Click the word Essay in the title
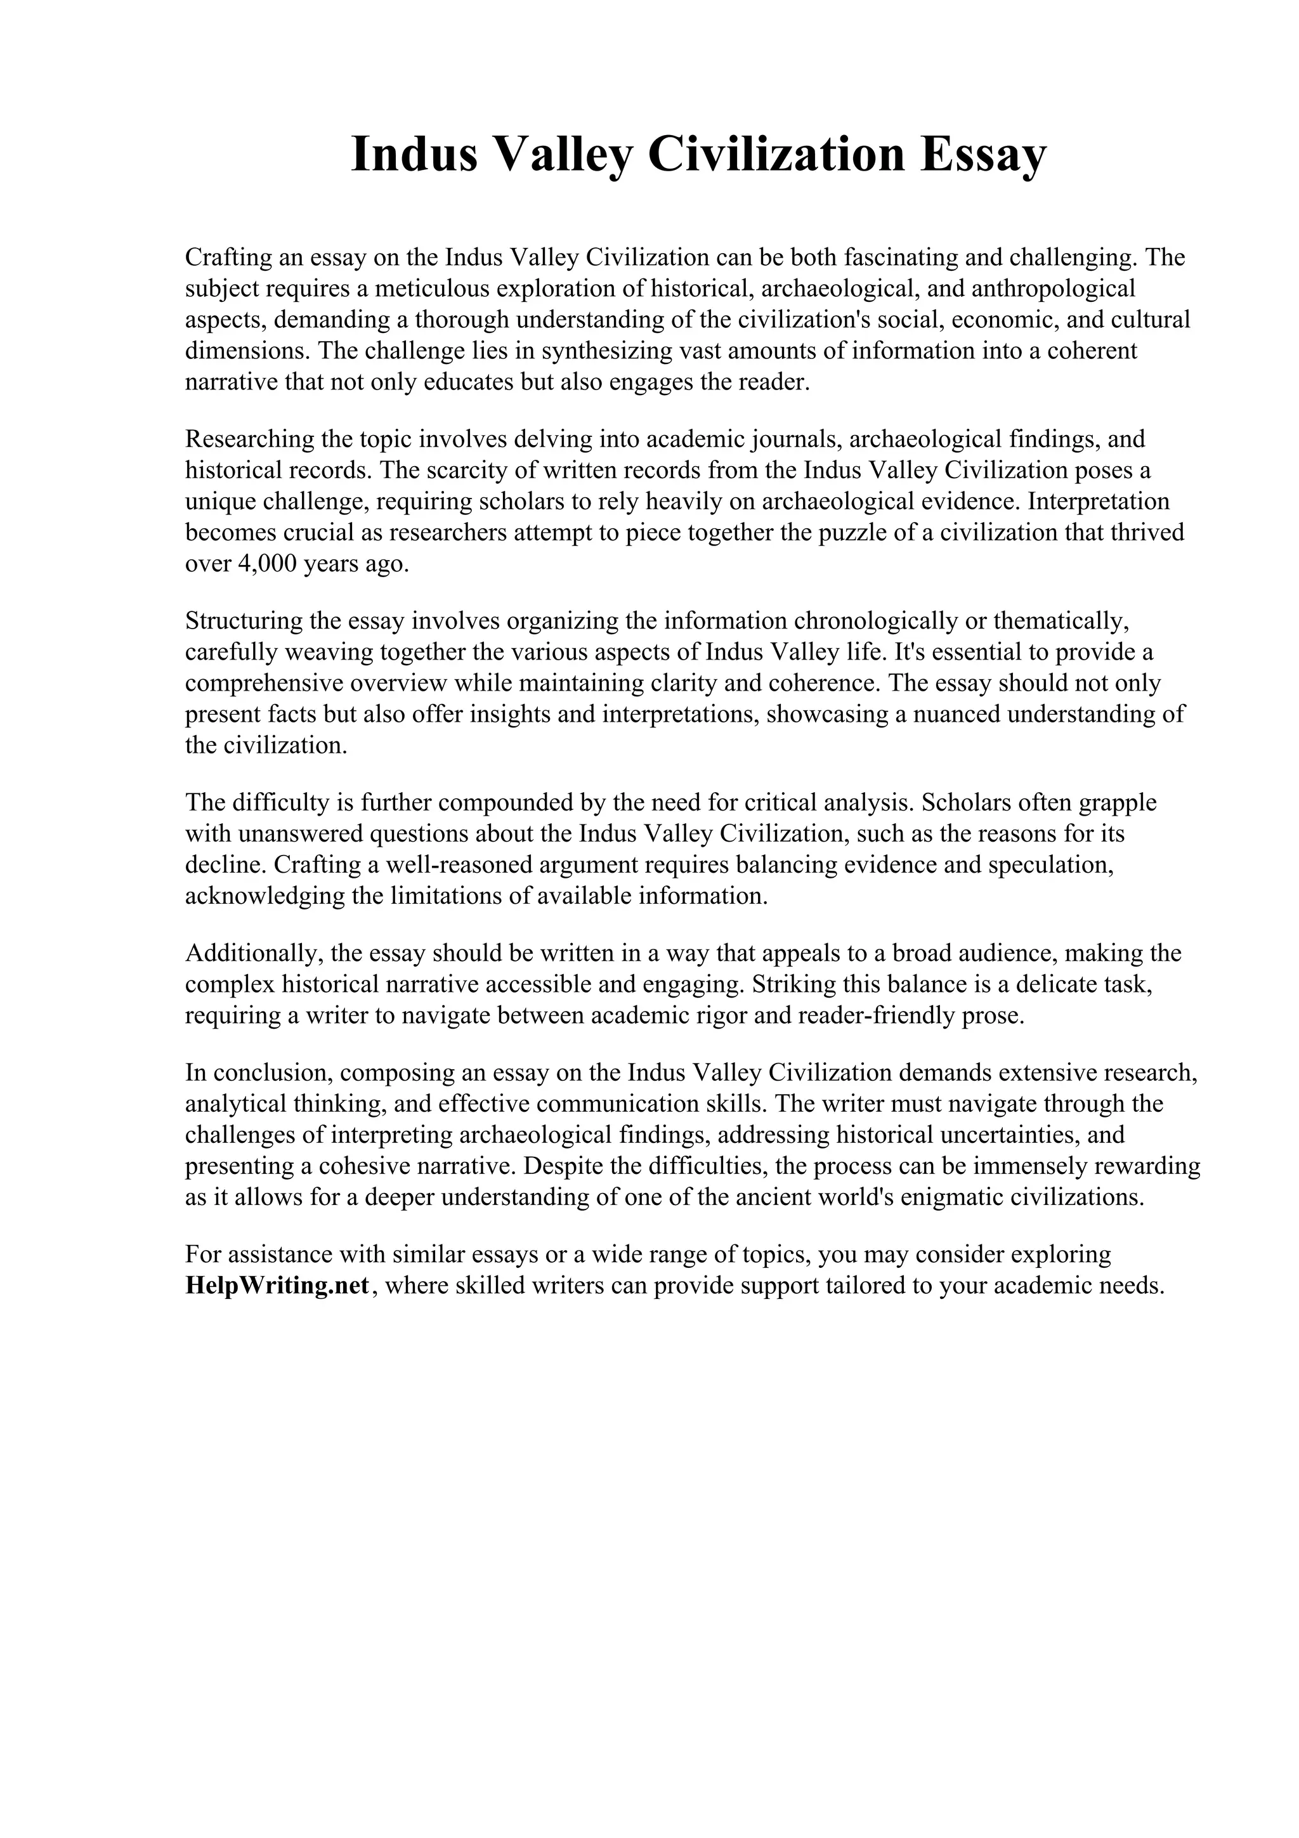click(x=983, y=155)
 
